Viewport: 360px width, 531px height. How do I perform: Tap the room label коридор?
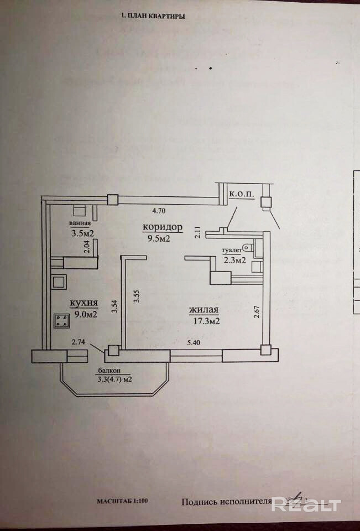163,227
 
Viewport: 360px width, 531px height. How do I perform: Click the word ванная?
80,223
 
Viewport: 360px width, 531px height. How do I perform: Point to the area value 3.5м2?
82,233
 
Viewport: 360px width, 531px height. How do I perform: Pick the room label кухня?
84,303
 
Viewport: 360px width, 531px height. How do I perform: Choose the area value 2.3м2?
234,261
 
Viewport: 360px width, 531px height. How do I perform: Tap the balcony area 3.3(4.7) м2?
114,379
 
